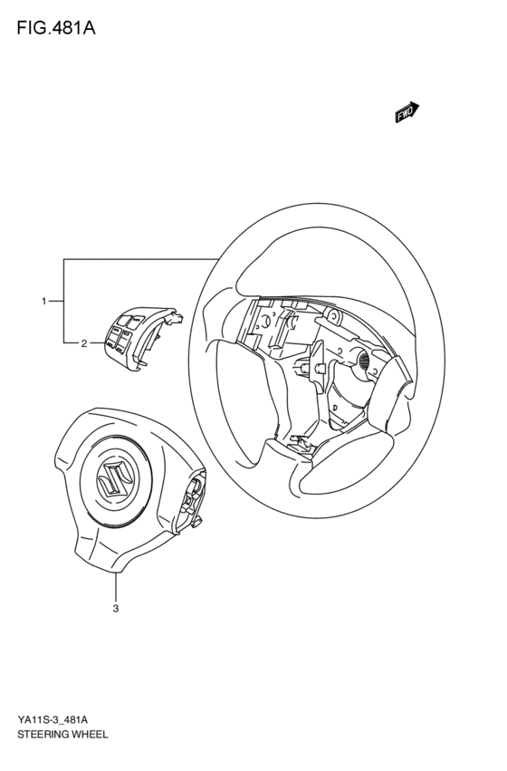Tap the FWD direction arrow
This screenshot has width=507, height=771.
406,111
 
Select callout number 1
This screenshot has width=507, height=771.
43,300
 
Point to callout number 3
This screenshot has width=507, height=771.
116,609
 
